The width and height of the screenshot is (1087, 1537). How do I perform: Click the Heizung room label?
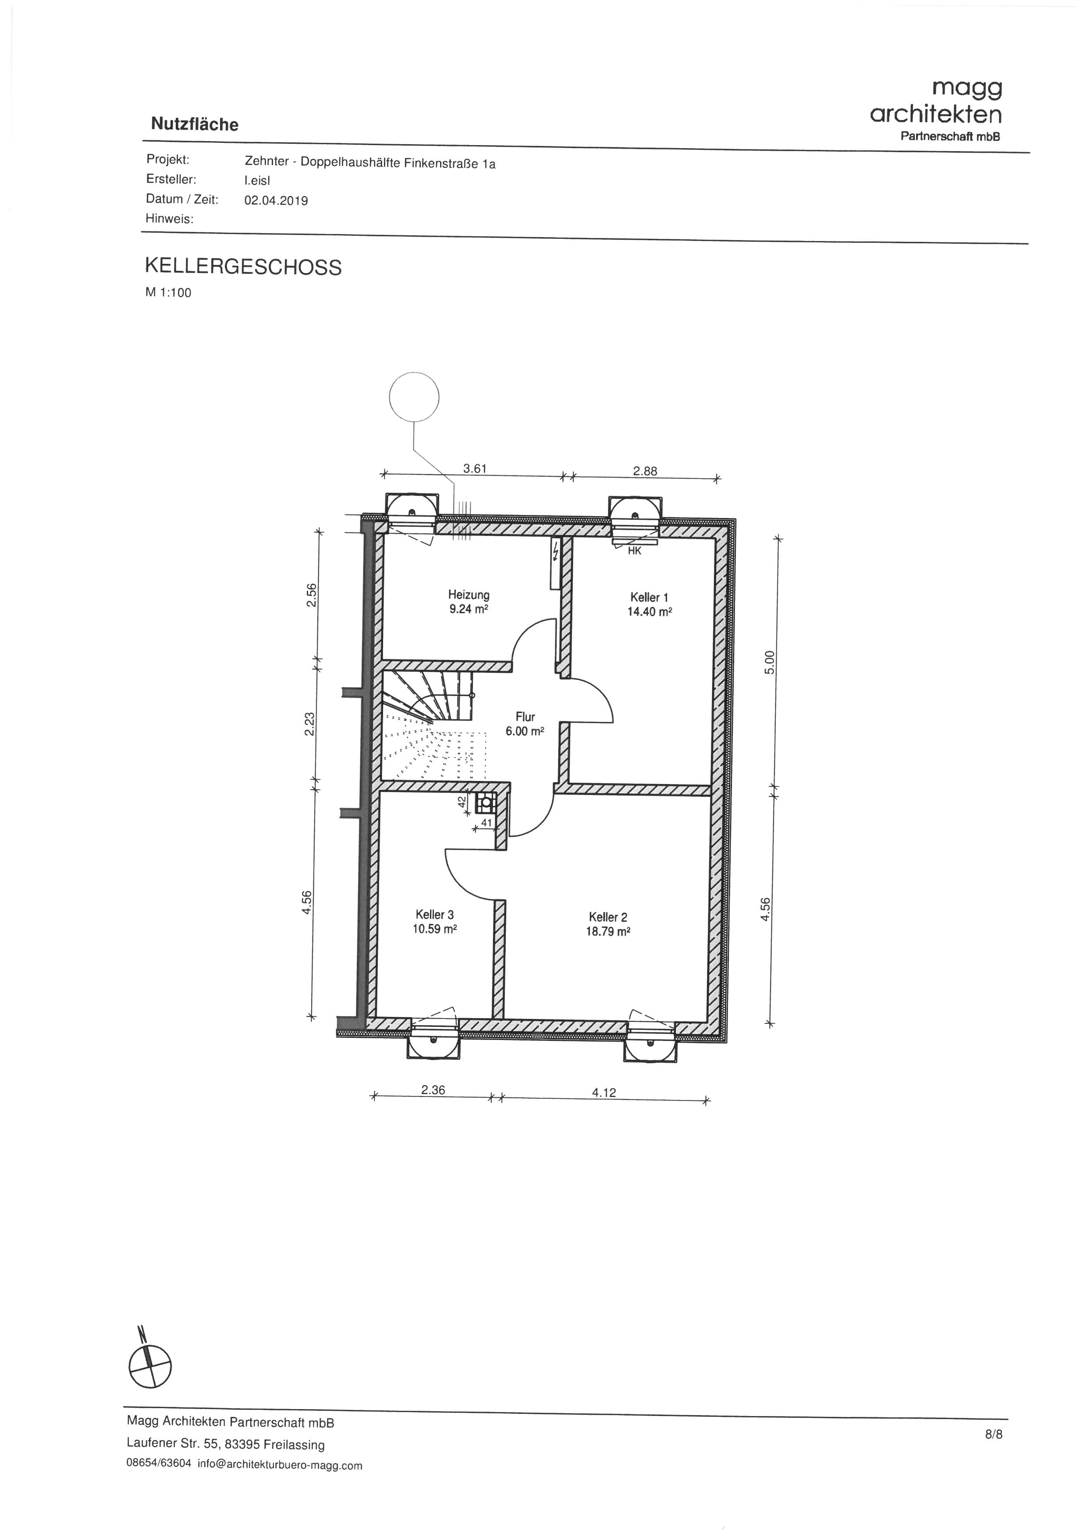point(469,594)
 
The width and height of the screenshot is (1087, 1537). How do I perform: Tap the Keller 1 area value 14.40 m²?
point(649,611)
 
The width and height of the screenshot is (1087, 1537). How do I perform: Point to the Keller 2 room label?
point(608,917)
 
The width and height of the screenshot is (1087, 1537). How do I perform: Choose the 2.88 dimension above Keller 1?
point(645,471)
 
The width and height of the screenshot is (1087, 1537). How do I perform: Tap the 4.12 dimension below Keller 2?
point(604,1093)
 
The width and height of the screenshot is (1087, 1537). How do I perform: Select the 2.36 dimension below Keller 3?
point(433,1090)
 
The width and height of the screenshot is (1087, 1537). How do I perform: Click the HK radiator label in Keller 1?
point(635,551)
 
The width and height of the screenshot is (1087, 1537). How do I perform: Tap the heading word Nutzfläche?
point(195,124)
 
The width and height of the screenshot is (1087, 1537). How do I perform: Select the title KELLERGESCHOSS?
point(243,266)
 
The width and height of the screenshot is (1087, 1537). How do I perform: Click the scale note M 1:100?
point(168,292)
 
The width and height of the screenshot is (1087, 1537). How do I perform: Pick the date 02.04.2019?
point(276,201)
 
